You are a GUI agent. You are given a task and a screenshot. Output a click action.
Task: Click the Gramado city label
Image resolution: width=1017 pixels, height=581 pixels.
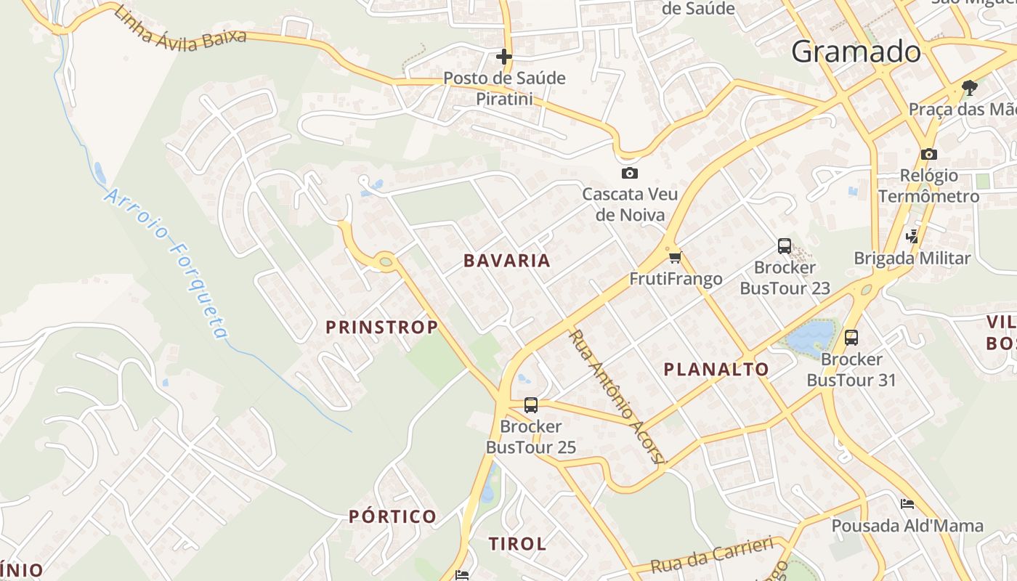[856, 52]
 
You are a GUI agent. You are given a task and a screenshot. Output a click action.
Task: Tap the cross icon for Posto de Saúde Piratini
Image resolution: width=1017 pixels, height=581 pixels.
[504, 57]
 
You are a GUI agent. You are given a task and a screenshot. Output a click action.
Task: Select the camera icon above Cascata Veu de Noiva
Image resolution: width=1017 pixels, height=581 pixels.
[630, 173]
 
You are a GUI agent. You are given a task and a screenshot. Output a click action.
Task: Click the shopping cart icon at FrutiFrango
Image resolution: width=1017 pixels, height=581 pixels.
[676, 257]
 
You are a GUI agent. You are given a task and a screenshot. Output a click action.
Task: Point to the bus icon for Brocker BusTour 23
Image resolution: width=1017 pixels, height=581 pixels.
[785, 246]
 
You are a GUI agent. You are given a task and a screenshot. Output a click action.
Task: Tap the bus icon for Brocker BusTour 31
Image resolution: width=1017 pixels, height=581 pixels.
[851, 338]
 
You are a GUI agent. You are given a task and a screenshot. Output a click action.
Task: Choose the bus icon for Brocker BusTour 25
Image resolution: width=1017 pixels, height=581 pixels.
[531, 405]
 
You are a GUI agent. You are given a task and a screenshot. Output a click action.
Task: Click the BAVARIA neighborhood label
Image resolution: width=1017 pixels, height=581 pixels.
[507, 261]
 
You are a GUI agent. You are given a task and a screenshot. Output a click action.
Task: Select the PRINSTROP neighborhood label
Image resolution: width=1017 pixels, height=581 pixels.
[382, 328]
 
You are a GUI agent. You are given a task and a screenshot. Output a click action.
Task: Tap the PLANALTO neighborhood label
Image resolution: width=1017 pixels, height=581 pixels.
[716, 370]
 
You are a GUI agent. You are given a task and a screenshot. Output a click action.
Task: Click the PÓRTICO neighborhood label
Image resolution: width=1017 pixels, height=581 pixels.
[393, 517]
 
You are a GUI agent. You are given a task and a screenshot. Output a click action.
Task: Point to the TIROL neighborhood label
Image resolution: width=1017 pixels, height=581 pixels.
[517, 544]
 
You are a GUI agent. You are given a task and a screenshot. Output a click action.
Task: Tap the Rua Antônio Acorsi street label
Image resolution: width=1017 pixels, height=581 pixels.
[616, 397]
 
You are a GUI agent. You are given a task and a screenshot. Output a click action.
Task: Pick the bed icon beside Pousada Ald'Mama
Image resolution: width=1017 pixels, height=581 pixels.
[907, 504]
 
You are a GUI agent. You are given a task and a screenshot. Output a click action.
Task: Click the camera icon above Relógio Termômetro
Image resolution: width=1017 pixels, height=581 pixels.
[928, 154]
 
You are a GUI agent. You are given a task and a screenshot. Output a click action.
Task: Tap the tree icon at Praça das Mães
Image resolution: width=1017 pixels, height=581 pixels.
[969, 89]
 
